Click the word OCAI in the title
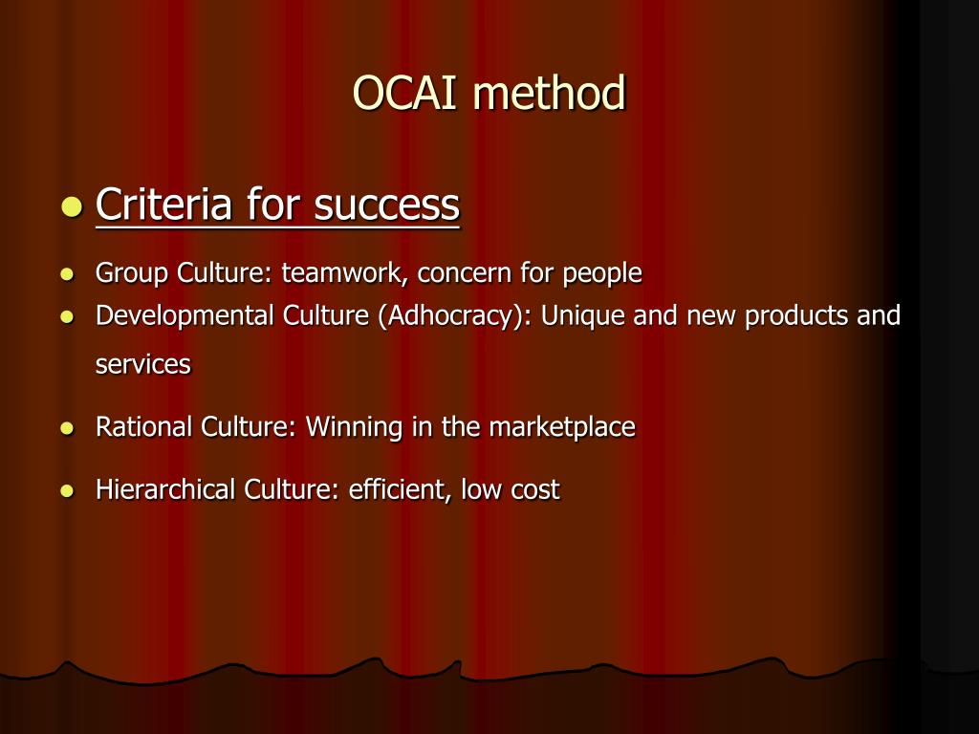(406, 94)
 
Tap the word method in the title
(549, 94)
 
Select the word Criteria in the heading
(163, 205)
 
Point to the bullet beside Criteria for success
(71, 206)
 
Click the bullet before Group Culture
(67, 274)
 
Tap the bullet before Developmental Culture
(67, 316)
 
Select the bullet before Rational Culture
(67, 428)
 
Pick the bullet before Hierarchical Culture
(67, 491)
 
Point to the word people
(601, 273)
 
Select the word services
(142, 364)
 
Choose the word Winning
(355, 426)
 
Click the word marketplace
(562, 426)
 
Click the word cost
(534, 489)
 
